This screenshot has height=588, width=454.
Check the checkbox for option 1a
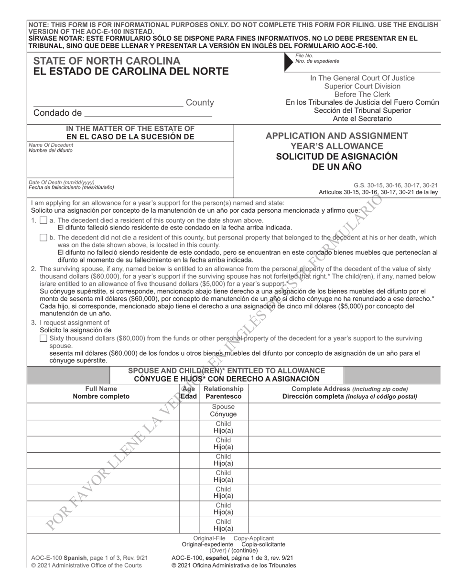[x=43, y=220]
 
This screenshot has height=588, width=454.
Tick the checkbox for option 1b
[x=43, y=238]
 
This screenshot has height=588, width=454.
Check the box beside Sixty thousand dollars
[x=43, y=338]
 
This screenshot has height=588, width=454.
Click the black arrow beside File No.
[x=288, y=62]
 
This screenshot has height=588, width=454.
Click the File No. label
[x=304, y=56]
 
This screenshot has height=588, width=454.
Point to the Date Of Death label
[x=61, y=182]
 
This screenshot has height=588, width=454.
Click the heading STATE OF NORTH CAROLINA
[x=107, y=61]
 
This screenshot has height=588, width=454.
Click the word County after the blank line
[x=200, y=103]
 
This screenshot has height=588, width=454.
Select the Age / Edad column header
[x=189, y=392]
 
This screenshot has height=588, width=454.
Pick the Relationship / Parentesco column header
[x=223, y=392]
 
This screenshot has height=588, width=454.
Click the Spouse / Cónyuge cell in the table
[x=223, y=411]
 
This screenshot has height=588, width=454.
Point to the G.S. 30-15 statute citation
[x=395, y=185]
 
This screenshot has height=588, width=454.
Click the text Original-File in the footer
[x=209, y=538]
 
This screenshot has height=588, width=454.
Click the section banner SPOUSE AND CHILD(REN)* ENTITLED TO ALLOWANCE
[x=227, y=371]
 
